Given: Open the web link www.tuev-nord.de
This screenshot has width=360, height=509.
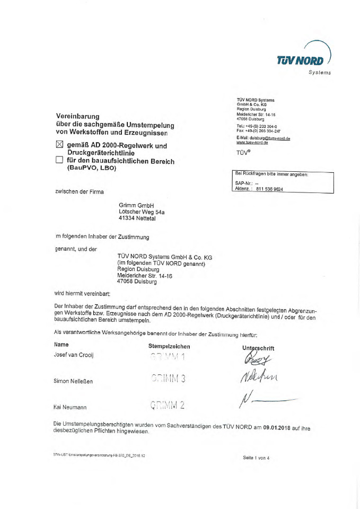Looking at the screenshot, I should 252,142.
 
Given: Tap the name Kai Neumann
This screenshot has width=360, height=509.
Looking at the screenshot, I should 71,407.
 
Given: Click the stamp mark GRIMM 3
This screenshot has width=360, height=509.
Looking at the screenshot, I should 168,379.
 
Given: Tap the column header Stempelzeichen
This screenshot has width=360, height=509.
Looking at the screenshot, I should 169,346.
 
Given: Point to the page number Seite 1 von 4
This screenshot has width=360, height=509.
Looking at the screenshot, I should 257,458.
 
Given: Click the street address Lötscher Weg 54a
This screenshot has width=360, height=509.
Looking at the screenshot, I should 142,210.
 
